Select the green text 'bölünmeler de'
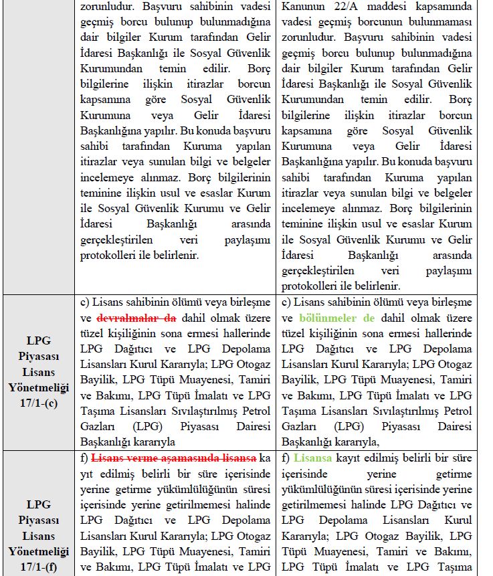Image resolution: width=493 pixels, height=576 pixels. [x=337, y=318]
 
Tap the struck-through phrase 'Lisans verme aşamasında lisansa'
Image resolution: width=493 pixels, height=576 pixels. [x=174, y=458]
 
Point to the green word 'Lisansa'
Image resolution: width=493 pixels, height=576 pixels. [x=316, y=458]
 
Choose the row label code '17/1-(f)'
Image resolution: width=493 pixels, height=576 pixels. [x=39, y=567]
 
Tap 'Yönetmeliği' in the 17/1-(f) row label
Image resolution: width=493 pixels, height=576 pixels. [x=39, y=551]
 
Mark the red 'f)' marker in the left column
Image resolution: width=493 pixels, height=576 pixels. [x=84, y=458]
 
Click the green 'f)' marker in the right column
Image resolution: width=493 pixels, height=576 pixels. [x=286, y=458]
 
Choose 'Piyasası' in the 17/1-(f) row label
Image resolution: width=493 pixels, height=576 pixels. [x=39, y=520]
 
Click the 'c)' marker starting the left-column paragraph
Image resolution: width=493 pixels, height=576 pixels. [x=85, y=302]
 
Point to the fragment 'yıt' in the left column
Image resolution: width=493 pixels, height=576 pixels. [x=88, y=474]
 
